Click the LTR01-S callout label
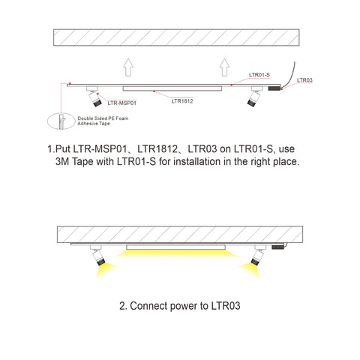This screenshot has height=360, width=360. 259,75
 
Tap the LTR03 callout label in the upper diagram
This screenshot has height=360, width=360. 304,80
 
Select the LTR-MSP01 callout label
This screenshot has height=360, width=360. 121,103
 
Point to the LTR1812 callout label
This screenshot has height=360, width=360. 182,101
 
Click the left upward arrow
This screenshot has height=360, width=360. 128,67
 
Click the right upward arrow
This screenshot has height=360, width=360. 224,67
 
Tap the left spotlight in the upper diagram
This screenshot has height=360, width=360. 94,97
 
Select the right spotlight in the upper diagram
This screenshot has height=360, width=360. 255,96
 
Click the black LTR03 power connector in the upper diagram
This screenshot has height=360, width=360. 274,88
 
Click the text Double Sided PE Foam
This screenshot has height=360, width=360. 103,118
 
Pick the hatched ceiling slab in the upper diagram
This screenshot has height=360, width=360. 176,37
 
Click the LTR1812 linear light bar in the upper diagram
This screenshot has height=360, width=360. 172,88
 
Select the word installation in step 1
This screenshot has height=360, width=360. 197,161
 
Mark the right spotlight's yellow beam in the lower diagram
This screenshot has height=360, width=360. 250,271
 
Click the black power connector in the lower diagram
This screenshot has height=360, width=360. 278,247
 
